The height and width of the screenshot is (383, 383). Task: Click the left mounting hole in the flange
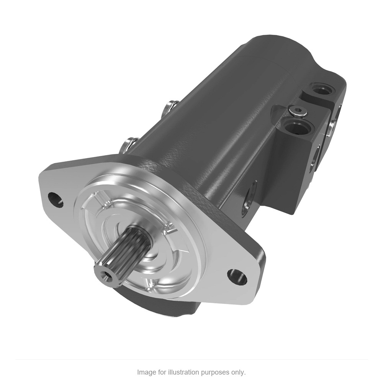(56, 199)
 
